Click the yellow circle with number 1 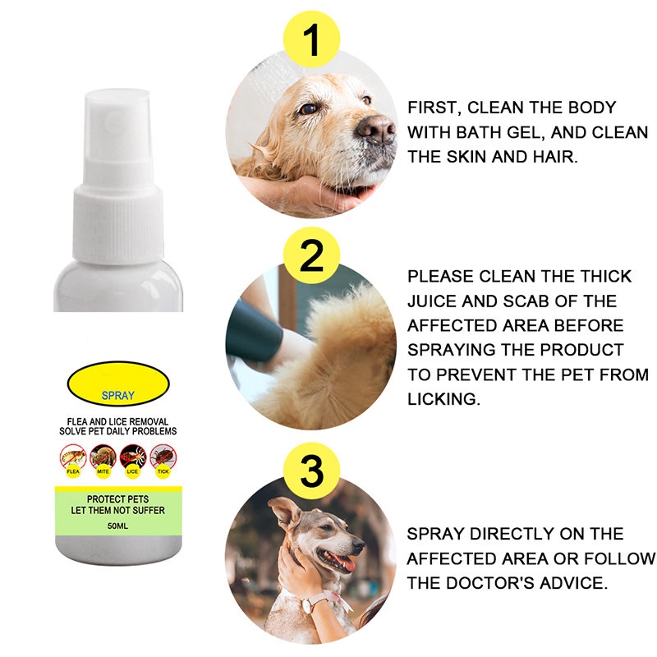311,39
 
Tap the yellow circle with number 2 311,255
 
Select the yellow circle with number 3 311,471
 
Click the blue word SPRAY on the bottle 118,396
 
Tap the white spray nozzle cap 117,176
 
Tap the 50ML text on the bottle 117,526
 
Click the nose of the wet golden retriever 375,128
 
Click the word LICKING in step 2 443,399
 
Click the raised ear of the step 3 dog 286,512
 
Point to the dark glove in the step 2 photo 253,331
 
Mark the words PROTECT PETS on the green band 117,499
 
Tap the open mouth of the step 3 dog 338,560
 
